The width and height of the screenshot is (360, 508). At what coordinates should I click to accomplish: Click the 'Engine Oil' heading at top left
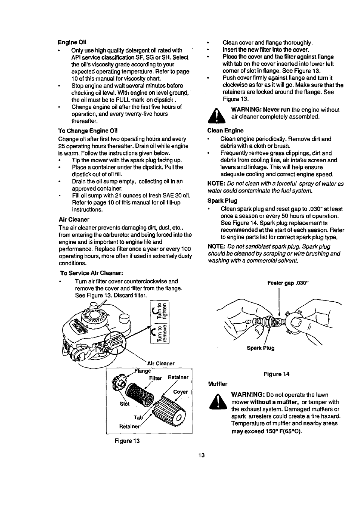tap(72, 42)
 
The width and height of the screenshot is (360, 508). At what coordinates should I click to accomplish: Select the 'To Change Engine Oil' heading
tap(88, 131)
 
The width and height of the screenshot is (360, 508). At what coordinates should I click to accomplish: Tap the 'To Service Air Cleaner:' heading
tap(92, 273)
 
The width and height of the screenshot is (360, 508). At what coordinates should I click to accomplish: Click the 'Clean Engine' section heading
tap(225, 131)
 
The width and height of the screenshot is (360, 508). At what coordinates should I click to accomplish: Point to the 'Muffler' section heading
tap(218, 384)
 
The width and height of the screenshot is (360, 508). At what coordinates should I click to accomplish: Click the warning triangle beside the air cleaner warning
tap(217, 115)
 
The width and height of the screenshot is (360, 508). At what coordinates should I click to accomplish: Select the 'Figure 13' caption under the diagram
tap(127, 440)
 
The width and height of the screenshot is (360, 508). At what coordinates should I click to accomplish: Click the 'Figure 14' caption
tap(276, 374)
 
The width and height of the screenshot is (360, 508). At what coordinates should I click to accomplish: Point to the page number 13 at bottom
tap(201, 455)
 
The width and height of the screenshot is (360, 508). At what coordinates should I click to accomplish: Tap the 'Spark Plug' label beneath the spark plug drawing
tap(260, 348)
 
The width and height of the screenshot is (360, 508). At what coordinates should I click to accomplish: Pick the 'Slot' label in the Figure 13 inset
tap(125, 403)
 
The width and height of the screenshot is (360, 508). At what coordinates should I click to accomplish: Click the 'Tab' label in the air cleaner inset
tap(138, 417)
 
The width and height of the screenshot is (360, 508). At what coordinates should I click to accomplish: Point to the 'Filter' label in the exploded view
tap(155, 378)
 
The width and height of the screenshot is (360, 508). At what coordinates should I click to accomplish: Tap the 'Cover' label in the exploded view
tap(180, 392)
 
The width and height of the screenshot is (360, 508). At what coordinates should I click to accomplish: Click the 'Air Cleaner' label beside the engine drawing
tap(161, 363)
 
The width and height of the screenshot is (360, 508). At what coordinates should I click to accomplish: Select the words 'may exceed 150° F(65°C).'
tap(266, 431)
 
